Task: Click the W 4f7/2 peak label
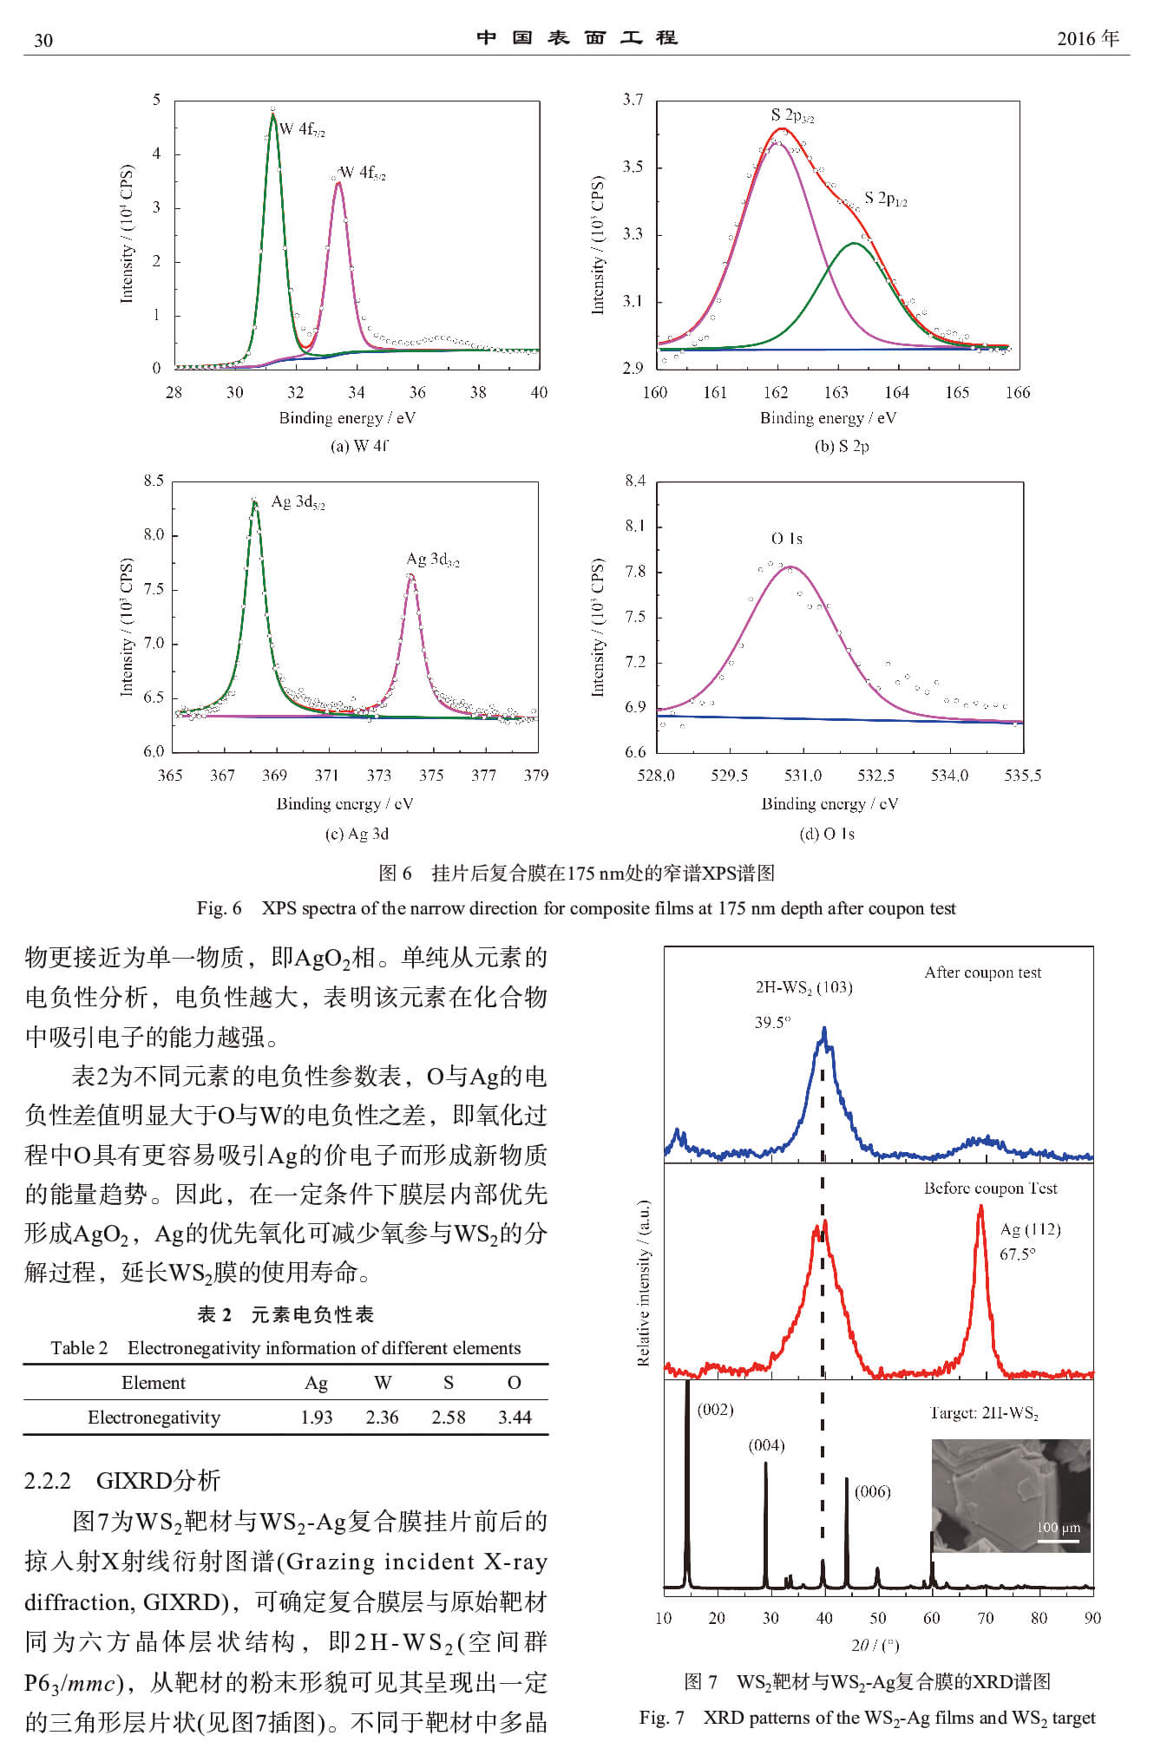tap(302, 130)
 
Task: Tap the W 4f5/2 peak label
tap(363, 174)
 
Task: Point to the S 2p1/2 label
tap(886, 199)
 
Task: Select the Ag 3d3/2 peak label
tap(433, 560)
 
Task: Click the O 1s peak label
tap(787, 539)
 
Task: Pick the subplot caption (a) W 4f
tap(358, 446)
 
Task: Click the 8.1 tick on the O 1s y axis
tap(635, 526)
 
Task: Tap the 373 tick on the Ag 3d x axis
tap(379, 775)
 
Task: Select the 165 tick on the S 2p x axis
tap(957, 392)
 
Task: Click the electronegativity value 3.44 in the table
tap(515, 1417)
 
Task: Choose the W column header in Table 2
tap(383, 1382)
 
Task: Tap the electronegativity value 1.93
tap(317, 1417)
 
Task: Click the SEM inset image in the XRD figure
tap(1011, 1495)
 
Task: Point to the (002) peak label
tap(716, 1409)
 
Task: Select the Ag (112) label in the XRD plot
tap(1031, 1229)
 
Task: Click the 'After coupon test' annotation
tap(983, 972)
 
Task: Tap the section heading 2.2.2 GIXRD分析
tap(122, 1481)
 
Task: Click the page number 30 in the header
tap(43, 40)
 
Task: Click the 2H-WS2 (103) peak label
tap(803, 987)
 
